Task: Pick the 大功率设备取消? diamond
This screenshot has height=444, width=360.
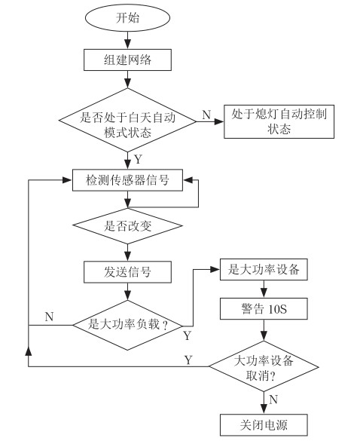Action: click(x=264, y=366)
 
